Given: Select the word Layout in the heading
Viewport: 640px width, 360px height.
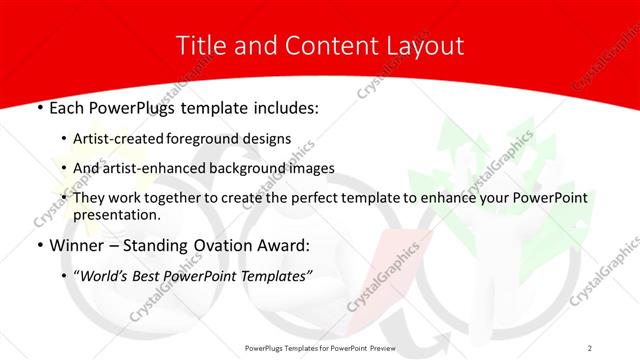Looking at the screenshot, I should [427, 46].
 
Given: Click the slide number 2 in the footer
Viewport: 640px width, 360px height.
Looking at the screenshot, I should [590, 348].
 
